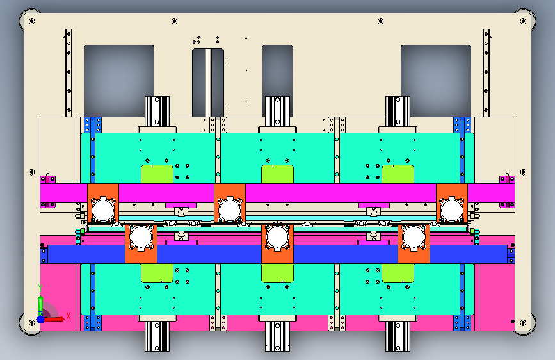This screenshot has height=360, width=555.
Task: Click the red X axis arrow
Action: [x=54, y=319]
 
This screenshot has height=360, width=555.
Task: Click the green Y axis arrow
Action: [x=40, y=301]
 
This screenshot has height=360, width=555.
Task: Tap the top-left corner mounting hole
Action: [x=31, y=21]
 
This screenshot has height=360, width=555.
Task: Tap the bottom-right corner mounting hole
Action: [x=523, y=323]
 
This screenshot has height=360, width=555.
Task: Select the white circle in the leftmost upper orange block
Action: [x=103, y=209]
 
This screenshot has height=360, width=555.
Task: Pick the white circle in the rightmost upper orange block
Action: [x=452, y=209]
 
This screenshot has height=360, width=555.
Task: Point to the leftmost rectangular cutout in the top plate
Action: [x=119, y=81]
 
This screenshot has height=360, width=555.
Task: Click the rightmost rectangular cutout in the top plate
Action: [x=436, y=81]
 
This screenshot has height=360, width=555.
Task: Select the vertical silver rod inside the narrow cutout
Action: [x=208, y=82]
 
